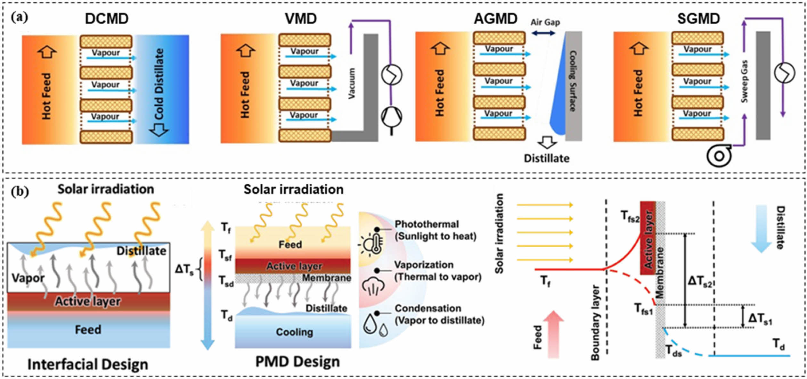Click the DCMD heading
coord(107,19)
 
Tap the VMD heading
coord(301,19)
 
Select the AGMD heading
coord(495,19)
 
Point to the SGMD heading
coord(698,19)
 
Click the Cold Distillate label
coord(159,84)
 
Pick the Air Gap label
coord(545,22)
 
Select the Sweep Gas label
coord(745,81)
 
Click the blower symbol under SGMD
coord(719,156)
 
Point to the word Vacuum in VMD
coord(352,83)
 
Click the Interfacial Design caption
coord(88,364)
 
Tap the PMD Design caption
coord(298,362)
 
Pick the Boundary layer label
coord(595,323)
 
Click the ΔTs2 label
coord(700,281)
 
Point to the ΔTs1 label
coord(760,318)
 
